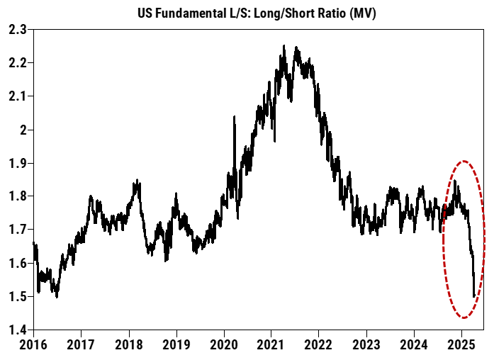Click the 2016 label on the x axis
(x=34, y=347)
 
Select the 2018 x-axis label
(x=129, y=347)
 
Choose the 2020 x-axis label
(x=224, y=347)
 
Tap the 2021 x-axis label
(x=271, y=347)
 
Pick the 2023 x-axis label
(x=366, y=347)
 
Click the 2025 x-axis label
(x=461, y=347)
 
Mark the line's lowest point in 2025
(x=473, y=296)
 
